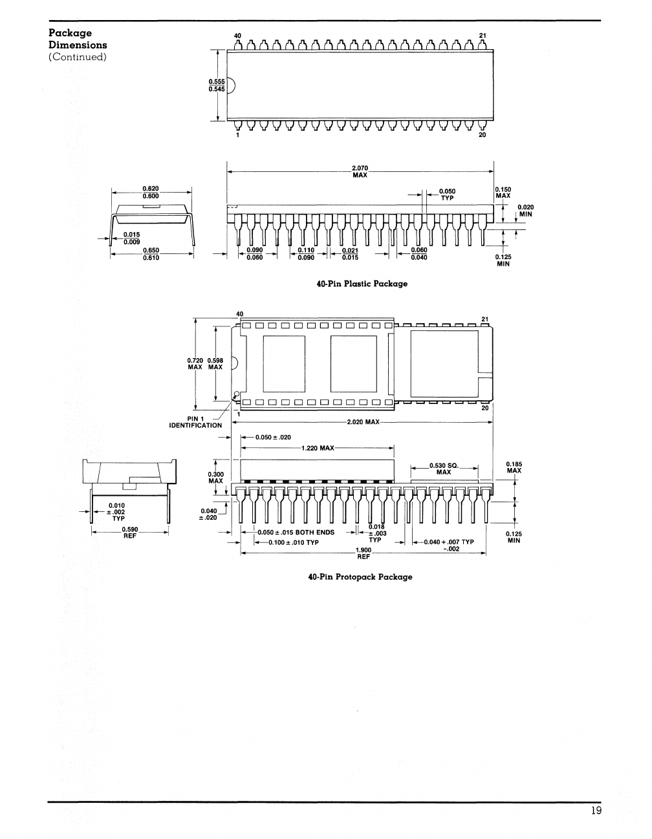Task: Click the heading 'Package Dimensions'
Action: tap(78, 39)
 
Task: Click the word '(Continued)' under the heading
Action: tap(78, 57)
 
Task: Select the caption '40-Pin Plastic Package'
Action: tap(362, 284)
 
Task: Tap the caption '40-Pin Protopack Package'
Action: tap(360, 577)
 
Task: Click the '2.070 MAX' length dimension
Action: tap(360, 172)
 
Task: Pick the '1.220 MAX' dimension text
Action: tap(318, 448)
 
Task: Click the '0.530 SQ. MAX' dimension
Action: tap(443, 468)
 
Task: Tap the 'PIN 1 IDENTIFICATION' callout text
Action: tap(195, 421)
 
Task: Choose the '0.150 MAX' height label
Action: tap(503, 193)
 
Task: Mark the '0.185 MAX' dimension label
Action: tap(514, 467)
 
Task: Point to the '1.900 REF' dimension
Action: tap(363, 553)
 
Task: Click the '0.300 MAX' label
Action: tap(215, 477)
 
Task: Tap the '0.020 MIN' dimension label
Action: tap(525, 210)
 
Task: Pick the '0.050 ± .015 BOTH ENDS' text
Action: tap(296, 533)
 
